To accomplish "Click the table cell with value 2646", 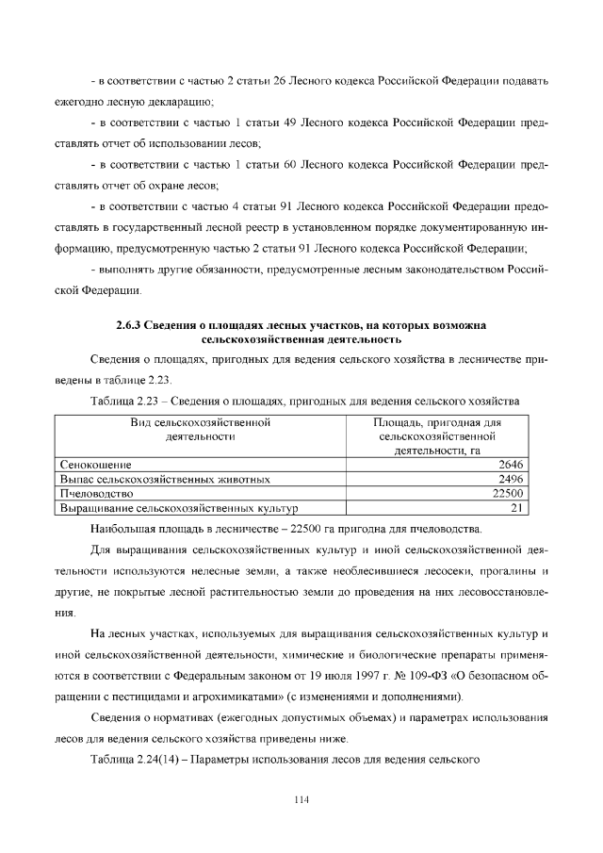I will tap(511, 465).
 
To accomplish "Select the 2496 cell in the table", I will tap(511, 479).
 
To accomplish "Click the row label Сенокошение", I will tap(95, 465).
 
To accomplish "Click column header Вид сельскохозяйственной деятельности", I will tap(200, 430).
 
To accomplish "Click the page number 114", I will tap(301, 799).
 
